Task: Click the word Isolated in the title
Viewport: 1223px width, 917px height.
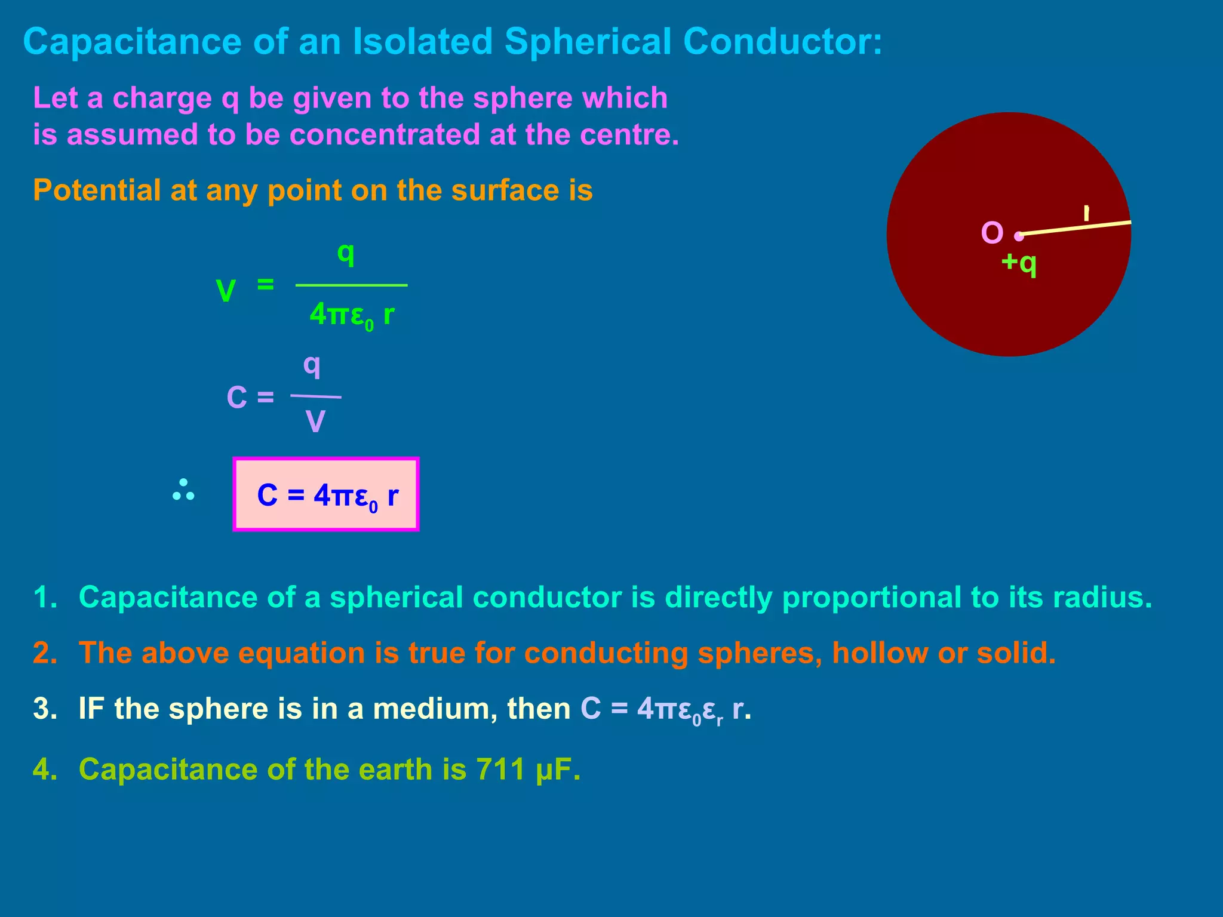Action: [x=423, y=42]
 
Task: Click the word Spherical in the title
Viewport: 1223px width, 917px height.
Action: [x=588, y=42]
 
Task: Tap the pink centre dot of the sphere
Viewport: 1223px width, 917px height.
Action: [x=1019, y=236]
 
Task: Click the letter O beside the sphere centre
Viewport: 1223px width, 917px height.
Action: [x=992, y=233]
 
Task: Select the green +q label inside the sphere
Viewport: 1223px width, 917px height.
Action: [x=1019, y=263]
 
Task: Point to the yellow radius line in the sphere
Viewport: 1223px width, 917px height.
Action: [x=1075, y=228]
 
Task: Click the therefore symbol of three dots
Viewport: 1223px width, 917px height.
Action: [x=183, y=490]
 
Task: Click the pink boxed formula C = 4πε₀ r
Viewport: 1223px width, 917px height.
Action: [x=326, y=494]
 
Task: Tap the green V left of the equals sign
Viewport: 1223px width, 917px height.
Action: [x=226, y=291]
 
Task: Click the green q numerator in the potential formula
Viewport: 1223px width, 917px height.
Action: [x=346, y=253]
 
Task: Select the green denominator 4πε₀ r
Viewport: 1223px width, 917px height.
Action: [x=352, y=315]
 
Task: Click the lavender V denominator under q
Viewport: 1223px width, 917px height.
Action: [x=315, y=421]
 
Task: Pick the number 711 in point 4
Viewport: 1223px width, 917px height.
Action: [x=500, y=769]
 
